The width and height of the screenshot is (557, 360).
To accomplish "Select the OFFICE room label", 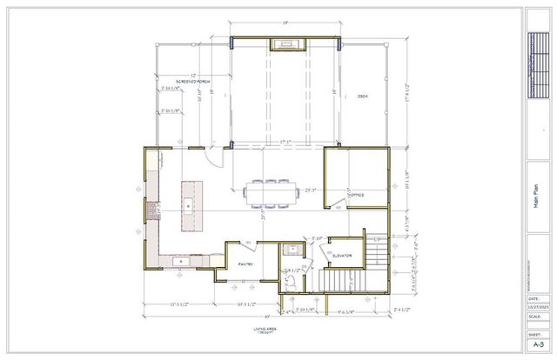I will (355, 196).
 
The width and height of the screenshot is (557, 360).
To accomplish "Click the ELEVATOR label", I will (341, 256).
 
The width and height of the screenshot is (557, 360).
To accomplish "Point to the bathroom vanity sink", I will (293, 250).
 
